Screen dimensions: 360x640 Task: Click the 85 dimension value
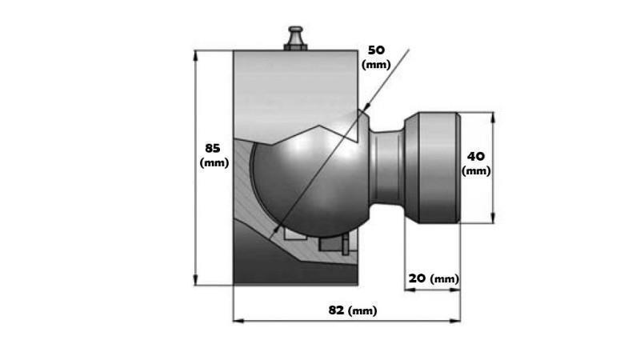coord(212,148)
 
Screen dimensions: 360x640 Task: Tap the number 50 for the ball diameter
coord(375,50)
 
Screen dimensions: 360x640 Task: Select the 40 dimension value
coord(476,156)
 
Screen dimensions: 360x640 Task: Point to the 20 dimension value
coord(417,278)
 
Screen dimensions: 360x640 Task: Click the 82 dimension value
coord(337,310)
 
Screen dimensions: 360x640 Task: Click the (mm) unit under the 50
coord(376,64)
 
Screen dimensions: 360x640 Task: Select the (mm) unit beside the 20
coord(444,279)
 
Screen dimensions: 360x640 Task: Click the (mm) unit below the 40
coord(476,170)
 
